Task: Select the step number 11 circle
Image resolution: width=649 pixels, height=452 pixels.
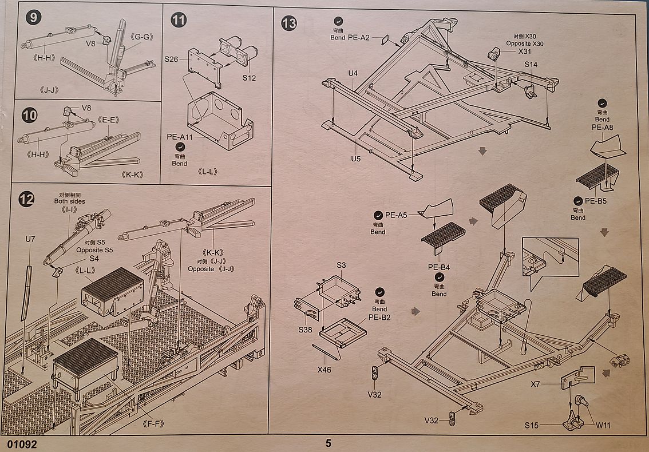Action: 179,19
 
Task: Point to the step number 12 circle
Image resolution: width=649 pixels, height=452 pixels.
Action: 26,199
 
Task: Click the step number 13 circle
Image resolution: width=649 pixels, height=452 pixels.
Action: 289,23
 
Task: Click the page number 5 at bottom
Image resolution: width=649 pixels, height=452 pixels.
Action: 328,443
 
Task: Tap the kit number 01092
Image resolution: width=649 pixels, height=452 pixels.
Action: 22,444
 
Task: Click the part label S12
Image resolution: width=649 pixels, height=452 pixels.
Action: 249,78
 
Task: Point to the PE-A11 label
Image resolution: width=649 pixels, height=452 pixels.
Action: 179,137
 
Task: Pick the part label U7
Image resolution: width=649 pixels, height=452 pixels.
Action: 30,239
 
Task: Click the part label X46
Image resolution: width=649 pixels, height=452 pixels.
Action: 324,369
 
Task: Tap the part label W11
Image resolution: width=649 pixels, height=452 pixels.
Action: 603,425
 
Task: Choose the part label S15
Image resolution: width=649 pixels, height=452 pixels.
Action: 532,425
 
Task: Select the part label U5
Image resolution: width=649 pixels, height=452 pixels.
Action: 355,158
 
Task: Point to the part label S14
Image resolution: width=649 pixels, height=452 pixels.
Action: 531,64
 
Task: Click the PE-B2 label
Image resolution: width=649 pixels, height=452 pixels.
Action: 379,318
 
